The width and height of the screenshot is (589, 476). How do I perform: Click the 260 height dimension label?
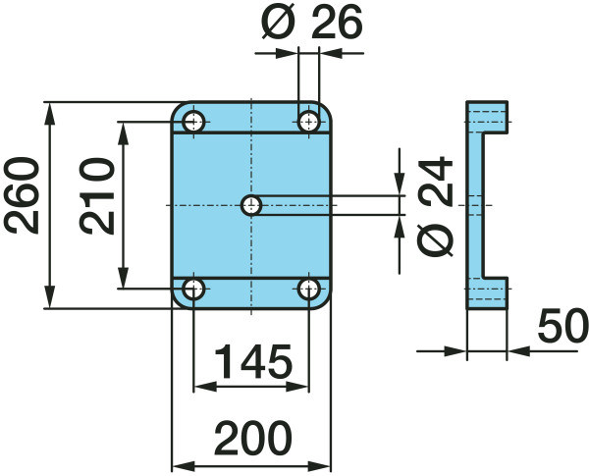pos(22,195)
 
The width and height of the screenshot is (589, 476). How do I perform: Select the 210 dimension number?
pos(97,196)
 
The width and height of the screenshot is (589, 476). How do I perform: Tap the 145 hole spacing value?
pos(253,361)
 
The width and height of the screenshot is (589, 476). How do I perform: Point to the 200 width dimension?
pos(253,438)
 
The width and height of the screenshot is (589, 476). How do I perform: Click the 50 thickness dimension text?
pos(563,326)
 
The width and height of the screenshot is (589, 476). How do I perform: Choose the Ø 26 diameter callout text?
pos(312,23)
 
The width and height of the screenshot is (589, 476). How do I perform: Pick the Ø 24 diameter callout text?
pos(435,207)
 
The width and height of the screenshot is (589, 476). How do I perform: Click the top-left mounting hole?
pos(193,122)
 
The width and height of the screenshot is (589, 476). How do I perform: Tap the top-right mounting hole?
pos(309,122)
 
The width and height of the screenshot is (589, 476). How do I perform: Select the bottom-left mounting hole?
pos(193,290)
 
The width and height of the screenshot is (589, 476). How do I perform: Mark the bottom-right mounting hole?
pos(309,290)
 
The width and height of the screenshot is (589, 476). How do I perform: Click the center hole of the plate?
pos(251,205)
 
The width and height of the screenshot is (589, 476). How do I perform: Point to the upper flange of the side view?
pos(487,117)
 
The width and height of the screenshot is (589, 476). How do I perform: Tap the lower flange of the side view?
pos(487,293)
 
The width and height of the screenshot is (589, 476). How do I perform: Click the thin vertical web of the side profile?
pos(474,205)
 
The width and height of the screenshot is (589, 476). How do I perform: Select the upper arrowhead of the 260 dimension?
pos(49,114)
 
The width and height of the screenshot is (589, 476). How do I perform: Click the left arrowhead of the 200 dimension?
pos(184,466)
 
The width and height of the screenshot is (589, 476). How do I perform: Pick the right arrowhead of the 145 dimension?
pos(297,387)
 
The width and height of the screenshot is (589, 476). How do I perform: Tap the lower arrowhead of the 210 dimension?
pos(123,278)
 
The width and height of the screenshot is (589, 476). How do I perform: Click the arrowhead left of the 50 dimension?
pos(455,351)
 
